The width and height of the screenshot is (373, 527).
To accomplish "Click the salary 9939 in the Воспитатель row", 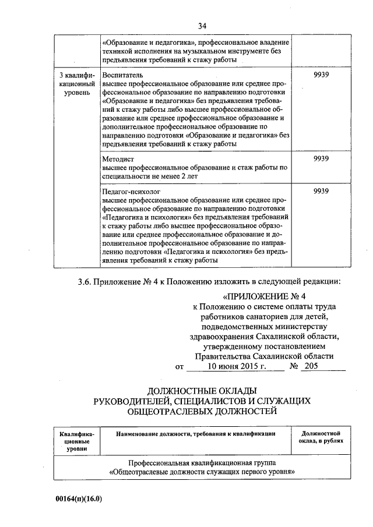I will [321, 76].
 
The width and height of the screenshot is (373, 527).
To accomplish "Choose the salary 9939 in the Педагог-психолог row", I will [321, 191].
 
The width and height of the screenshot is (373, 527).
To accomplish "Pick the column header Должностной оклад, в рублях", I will [321, 437].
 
